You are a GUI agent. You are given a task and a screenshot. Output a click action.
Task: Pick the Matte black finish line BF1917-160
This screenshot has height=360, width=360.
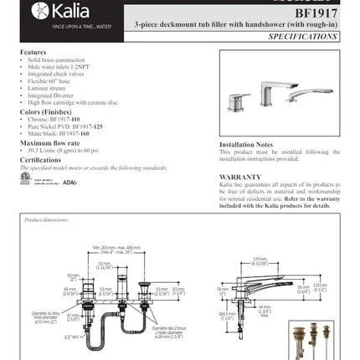click(x=59, y=133)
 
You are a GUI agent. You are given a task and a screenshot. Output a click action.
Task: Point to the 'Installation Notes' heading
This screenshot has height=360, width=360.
click(x=247, y=144)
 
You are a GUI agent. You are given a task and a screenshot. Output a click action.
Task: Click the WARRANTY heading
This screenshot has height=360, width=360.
click(x=239, y=177)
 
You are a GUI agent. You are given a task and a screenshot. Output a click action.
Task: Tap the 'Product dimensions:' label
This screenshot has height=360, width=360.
click(x=45, y=219)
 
